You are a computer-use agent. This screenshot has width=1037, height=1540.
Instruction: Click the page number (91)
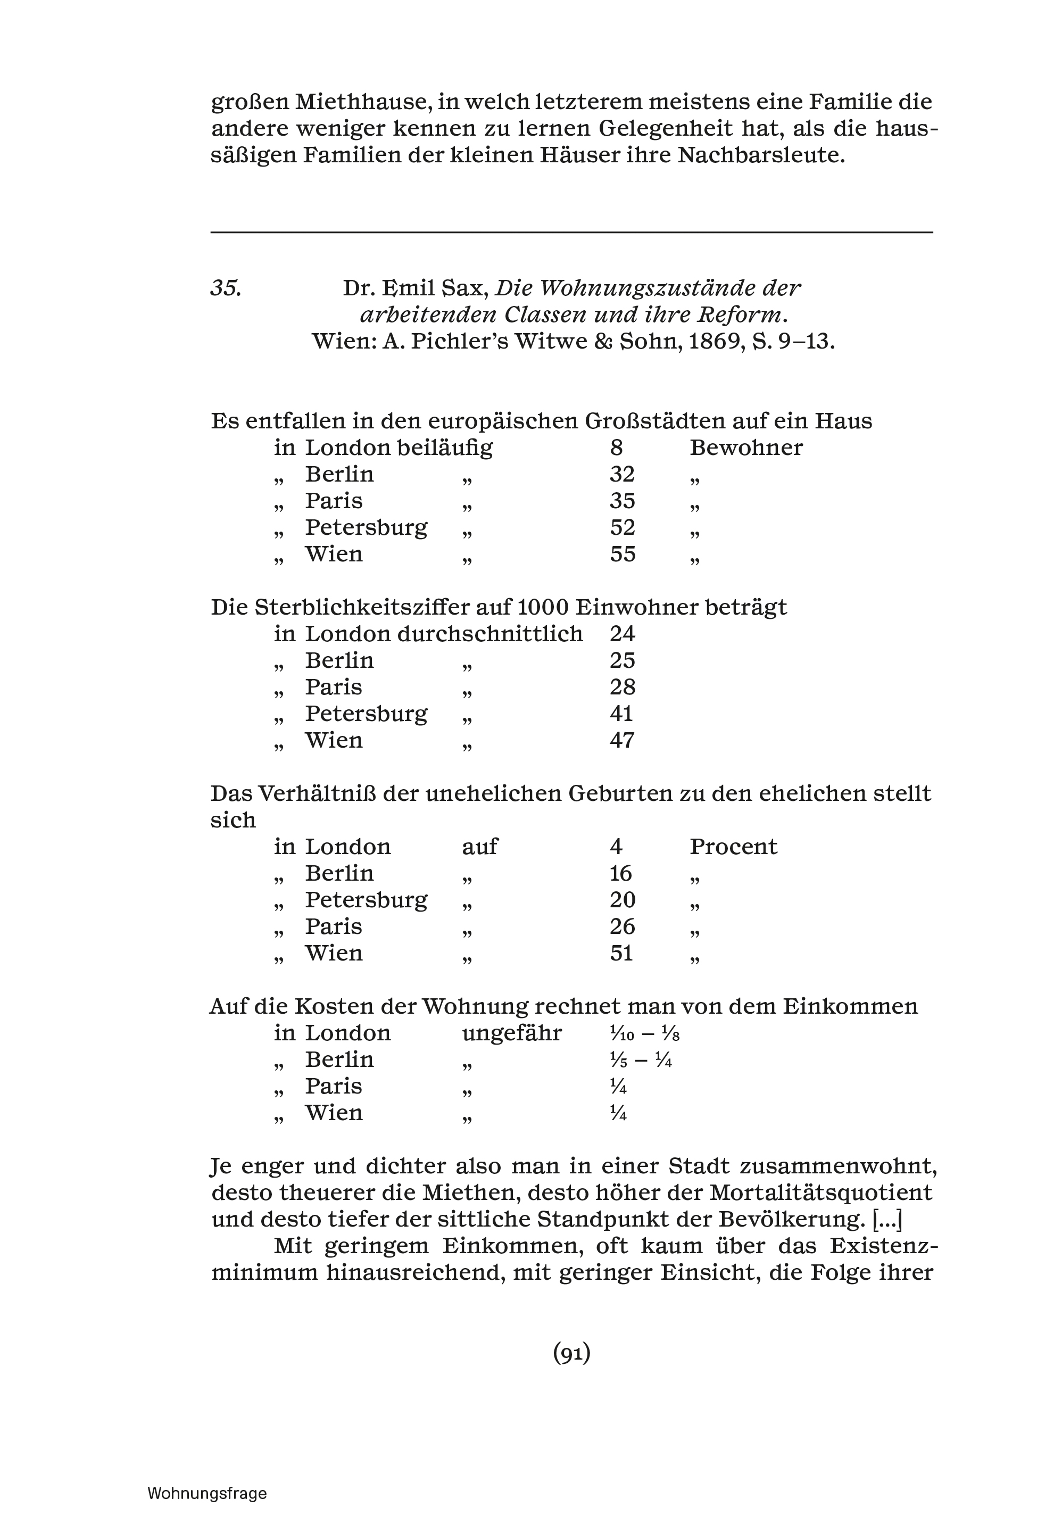571,1354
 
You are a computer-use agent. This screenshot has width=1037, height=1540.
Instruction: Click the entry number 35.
226,288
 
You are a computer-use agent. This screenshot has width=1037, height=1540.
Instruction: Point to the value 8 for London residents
616,448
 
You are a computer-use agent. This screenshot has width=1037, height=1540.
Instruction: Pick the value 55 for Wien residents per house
623,554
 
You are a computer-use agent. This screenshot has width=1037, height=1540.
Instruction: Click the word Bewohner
746,448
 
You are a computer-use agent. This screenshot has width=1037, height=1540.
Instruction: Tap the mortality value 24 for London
621,634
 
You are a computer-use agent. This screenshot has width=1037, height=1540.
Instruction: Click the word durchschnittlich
490,634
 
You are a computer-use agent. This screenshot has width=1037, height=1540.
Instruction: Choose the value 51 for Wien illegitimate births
621,954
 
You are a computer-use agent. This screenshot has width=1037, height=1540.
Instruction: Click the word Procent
733,847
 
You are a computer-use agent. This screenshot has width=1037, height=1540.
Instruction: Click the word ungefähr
512,1033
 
